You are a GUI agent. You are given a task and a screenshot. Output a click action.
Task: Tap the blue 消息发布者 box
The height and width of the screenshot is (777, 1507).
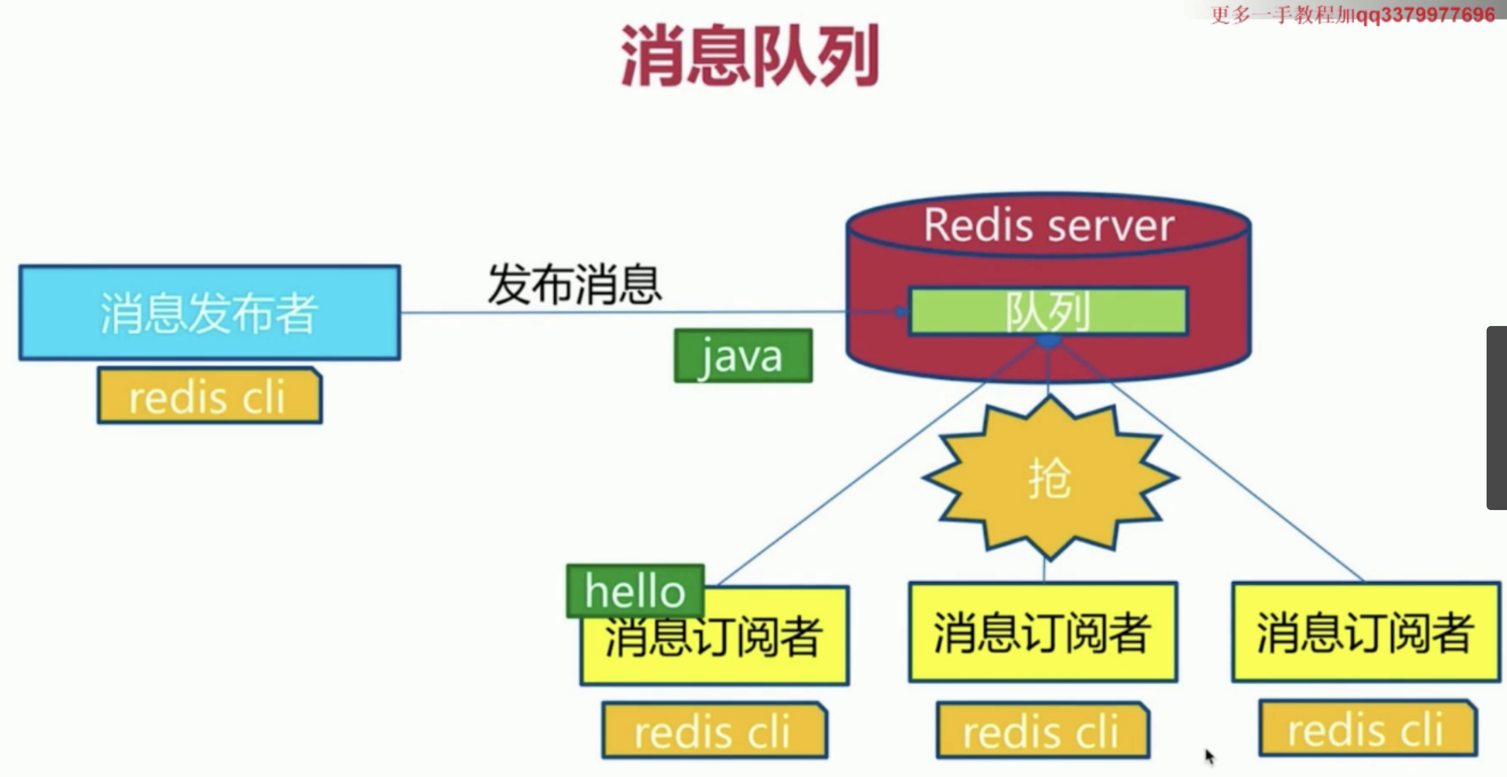coord(209,312)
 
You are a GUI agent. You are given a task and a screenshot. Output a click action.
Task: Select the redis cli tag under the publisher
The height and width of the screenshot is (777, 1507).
coord(209,396)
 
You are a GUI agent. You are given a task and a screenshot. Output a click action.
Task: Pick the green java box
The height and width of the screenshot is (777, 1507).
coord(743,356)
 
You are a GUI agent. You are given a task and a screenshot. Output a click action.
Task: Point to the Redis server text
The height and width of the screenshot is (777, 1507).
coord(1049,225)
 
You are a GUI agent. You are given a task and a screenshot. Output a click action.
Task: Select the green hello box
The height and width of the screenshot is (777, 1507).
coord(635,591)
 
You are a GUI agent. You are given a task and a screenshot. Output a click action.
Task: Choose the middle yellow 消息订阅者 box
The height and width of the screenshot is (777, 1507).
coord(1042,632)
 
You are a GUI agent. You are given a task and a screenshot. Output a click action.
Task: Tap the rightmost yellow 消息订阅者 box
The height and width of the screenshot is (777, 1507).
coord(1365,632)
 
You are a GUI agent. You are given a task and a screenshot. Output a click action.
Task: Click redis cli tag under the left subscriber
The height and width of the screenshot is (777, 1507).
coord(714,731)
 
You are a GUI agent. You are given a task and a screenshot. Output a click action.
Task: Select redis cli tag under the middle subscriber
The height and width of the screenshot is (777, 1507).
coord(1042,731)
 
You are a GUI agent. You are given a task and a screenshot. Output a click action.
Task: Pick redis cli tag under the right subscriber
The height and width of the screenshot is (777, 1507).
coord(1368,729)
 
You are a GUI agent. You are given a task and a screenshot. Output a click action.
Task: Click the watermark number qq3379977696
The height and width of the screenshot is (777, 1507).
coord(1425,15)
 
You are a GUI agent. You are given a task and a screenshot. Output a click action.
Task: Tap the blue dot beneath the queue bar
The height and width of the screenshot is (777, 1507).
coord(1049,340)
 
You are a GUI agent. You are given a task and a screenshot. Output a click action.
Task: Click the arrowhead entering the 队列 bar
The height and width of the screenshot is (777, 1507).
coord(902,311)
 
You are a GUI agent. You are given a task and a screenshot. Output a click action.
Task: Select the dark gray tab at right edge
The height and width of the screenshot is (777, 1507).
coord(1497,417)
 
